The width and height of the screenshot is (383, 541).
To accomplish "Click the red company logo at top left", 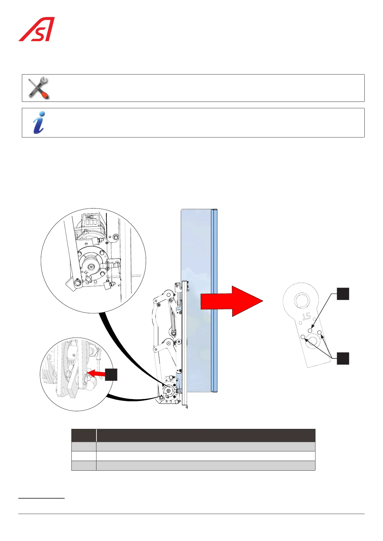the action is pyautogui.click(x=36, y=29).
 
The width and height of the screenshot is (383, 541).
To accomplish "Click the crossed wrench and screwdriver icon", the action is pyautogui.click(x=38, y=88).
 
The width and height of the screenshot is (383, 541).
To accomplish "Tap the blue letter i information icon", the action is pyautogui.click(x=39, y=122).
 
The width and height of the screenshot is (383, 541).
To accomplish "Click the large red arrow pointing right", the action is pyautogui.click(x=232, y=301).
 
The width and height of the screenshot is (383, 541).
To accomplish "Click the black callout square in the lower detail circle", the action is pyautogui.click(x=111, y=375).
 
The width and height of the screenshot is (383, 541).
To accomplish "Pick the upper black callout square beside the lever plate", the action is pyautogui.click(x=343, y=294).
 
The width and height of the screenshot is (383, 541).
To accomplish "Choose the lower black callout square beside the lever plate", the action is pyautogui.click(x=343, y=358).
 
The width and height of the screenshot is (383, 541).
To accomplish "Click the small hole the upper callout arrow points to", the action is pyautogui.click(x=310, y=330).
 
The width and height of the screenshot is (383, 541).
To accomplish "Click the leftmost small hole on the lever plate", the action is pyautogui.click(x=303, y=337).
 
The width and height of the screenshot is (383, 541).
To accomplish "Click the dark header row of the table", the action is pyautogui.click(x=193, y=435).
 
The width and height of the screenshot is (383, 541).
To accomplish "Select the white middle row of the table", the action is pyautogui.click(x=193, y=456).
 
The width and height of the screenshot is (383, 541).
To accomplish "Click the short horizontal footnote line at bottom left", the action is pyautogui.click(x=41, y=498).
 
